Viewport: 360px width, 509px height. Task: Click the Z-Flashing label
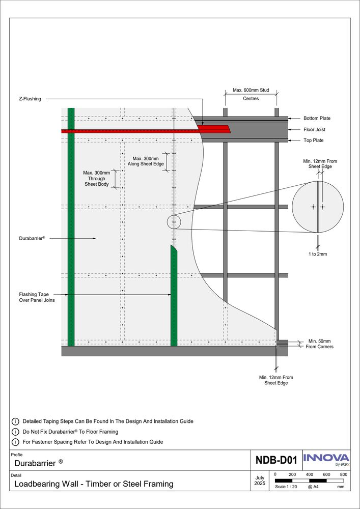[30, 99]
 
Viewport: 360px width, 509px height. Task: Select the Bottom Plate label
[317, 118]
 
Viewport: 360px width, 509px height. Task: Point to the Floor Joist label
[314, 130]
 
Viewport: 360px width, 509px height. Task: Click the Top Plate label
[314, 140]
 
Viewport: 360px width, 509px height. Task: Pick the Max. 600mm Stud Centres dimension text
[251, 94]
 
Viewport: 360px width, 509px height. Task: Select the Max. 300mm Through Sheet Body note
[96, 178]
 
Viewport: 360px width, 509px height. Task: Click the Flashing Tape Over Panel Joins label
[37, 297]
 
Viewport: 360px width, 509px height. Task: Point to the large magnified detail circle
[318, 207]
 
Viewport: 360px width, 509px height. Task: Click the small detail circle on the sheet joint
[174, 222]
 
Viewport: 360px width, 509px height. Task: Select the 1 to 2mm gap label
[318, 253]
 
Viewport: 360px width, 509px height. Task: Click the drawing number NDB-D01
[276, 461]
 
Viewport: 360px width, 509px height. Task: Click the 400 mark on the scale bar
[309, 474]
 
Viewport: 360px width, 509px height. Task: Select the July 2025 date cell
[259, 481]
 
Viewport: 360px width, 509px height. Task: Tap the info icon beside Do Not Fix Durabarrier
[15, 432]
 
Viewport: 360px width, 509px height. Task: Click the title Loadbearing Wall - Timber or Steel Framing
[93, 484]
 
